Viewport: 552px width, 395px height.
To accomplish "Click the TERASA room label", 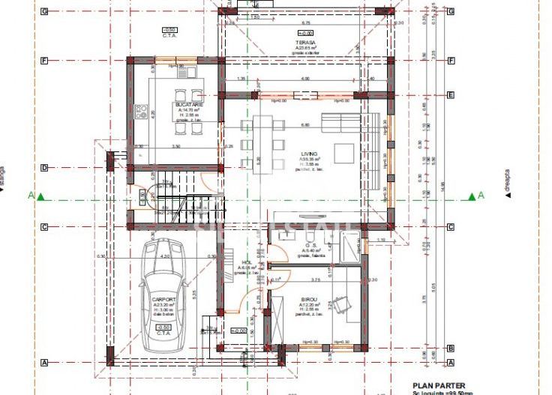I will pos(304,43).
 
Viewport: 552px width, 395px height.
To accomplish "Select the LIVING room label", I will pos(309,153).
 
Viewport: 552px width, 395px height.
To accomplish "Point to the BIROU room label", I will pos(309,298).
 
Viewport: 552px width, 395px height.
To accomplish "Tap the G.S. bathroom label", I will pos(312,246).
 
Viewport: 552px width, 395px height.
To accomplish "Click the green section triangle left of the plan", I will pos(42,197).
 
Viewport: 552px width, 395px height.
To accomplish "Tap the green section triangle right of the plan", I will pos(472,196).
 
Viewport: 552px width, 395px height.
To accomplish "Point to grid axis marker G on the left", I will pos(44,11).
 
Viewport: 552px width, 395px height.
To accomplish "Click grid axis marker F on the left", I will pos(44,60).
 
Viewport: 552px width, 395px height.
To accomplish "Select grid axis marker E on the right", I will pos(451,95).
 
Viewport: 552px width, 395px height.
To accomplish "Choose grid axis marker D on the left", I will pos(44,167).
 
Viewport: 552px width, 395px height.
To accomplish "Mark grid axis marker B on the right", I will pos(451,348).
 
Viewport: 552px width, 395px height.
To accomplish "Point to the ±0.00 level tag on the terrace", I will pos(305,34).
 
